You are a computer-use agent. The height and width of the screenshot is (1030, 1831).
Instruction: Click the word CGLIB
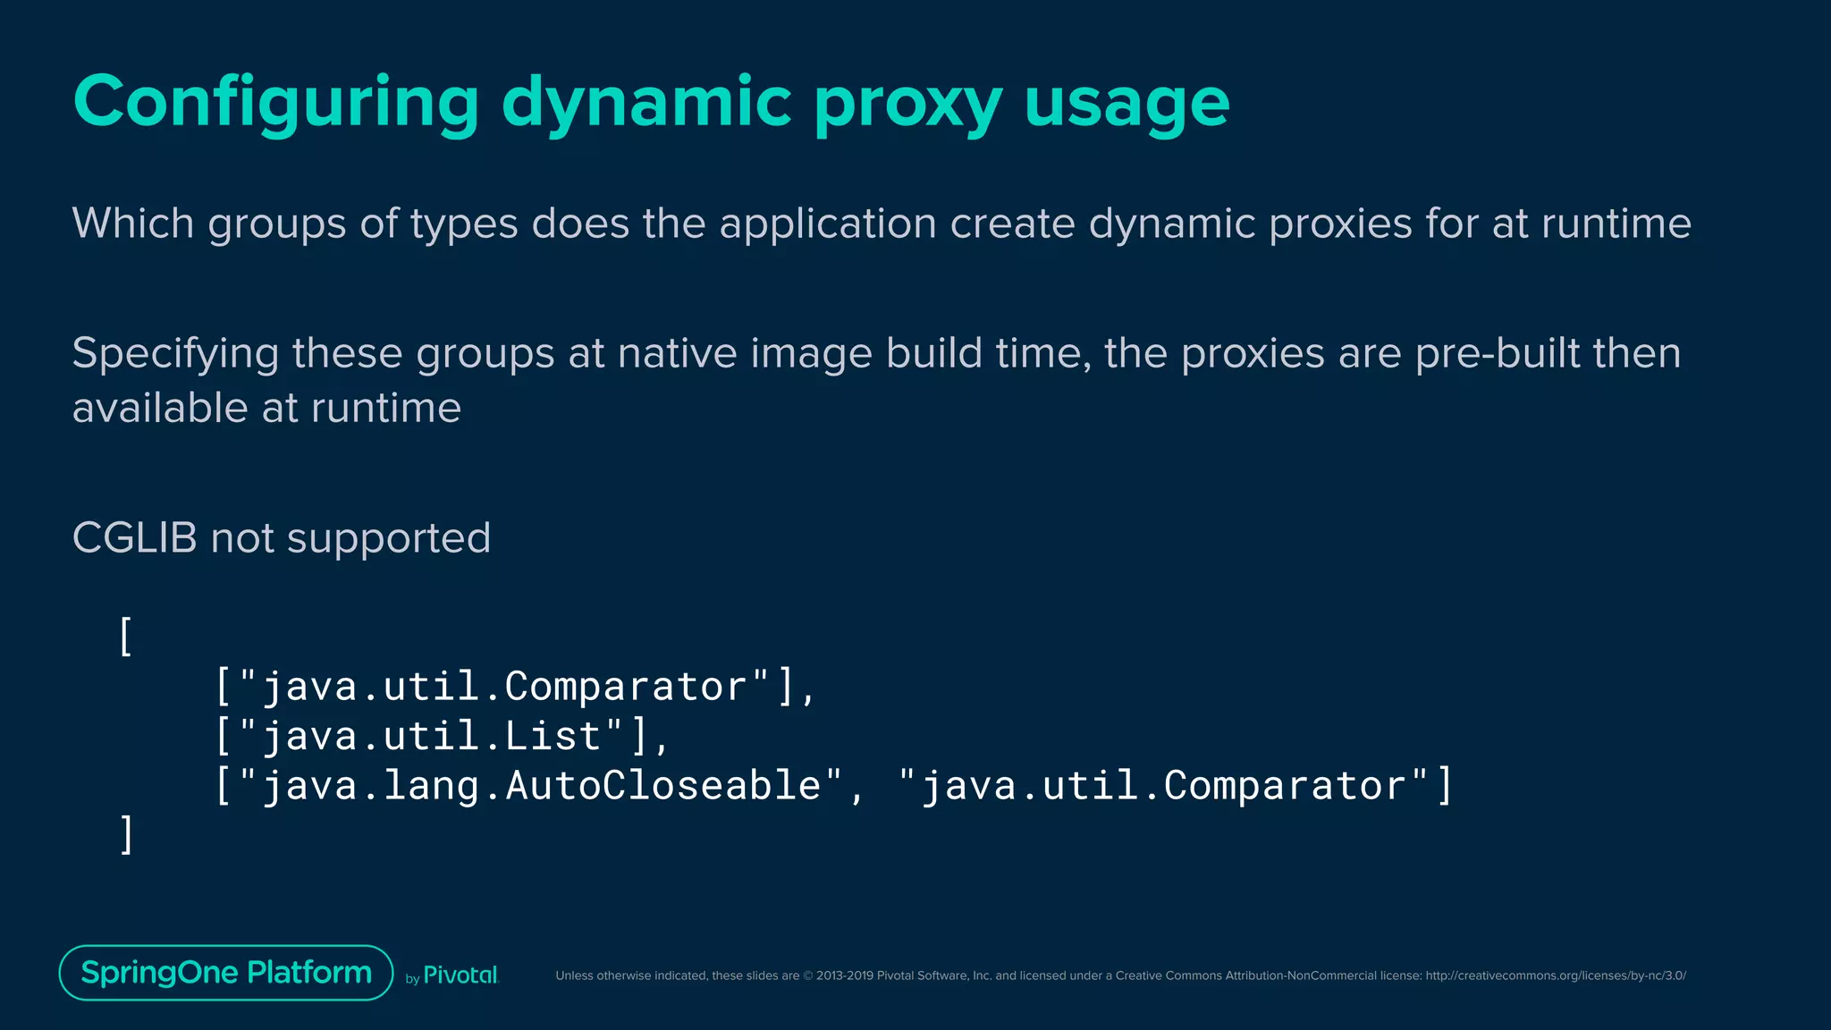134,538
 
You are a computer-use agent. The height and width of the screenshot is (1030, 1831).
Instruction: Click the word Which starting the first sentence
133,223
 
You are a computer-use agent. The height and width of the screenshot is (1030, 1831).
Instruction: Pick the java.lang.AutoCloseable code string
540,786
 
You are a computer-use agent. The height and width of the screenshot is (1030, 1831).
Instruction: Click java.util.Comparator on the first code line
504,687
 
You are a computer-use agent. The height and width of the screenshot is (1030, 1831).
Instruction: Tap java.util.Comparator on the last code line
1163,786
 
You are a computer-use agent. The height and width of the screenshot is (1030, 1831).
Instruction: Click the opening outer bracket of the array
126,637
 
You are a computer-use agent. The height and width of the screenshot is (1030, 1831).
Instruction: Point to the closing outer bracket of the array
126,834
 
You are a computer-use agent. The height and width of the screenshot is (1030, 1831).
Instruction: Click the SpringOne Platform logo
226,973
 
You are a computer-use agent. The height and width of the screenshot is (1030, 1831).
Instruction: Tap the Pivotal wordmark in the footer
460,975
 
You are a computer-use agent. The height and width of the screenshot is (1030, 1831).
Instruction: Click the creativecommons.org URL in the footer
1555,975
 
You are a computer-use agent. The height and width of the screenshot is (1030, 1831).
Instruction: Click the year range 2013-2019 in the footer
844,975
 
